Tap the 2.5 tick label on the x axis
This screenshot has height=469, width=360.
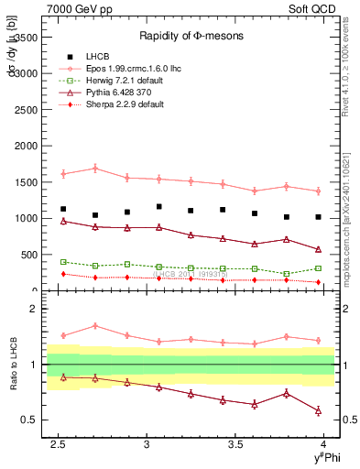click(59, 444)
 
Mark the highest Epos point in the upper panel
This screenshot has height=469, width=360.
click(95, 169)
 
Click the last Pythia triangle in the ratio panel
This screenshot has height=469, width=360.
click(318, 410)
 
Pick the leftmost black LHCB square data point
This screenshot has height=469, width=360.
click(63, 209)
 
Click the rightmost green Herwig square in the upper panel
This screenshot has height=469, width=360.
click(318, 268)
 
